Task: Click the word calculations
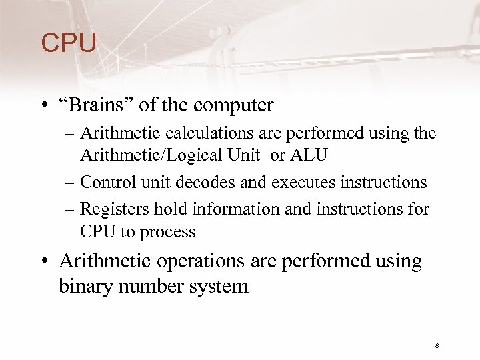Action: point(181,134)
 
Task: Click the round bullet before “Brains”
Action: point(45,106)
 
